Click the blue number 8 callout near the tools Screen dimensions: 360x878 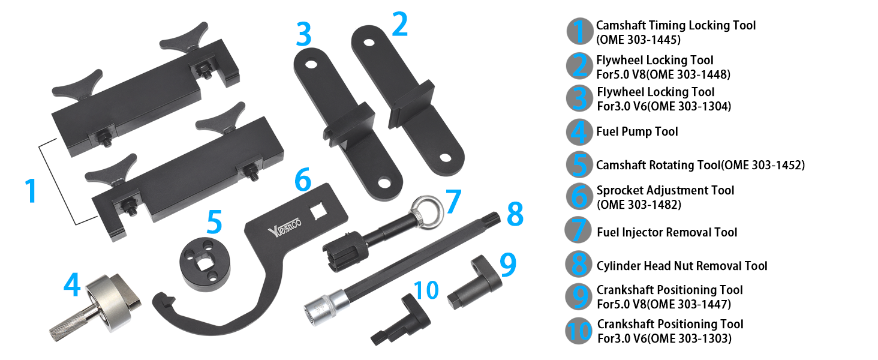514,215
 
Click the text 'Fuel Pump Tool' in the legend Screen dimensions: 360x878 637,131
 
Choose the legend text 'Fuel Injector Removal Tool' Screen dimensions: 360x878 667,232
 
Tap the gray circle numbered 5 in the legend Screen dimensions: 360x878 579,165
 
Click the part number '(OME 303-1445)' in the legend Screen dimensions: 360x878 638,40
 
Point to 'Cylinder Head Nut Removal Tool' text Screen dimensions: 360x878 682,266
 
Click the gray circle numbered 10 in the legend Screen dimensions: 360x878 579,331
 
